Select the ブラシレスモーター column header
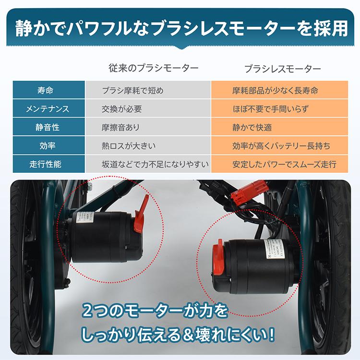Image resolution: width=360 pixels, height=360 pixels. [x=283, y=69]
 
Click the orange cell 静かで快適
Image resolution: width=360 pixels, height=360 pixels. [x=252, y=127]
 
